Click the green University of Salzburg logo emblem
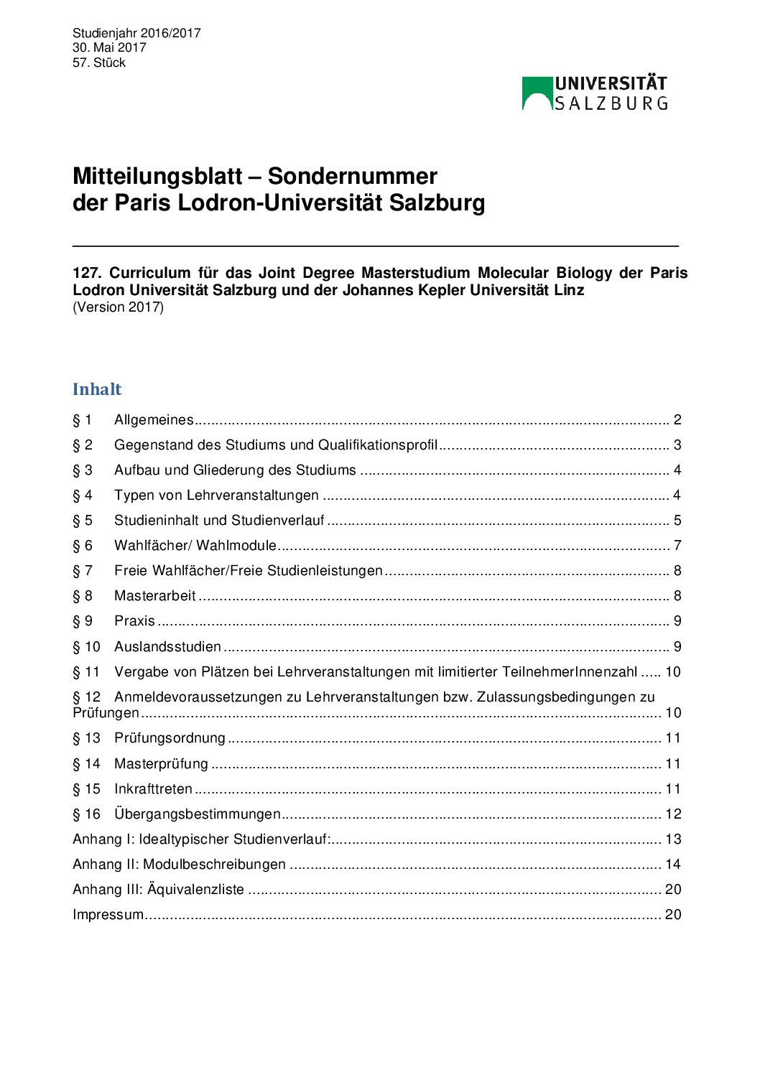[537, 93]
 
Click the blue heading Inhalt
[97, 389]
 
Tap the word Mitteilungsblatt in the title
[157, 177]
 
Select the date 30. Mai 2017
[109, 47]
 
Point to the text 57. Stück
[99, 62]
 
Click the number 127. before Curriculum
[88, 273]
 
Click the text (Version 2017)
[118, 307]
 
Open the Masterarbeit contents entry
[155, 596]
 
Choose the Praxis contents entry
[134, 621]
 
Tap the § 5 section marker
[83, 521]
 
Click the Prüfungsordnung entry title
[170, 738]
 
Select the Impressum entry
[108, 915]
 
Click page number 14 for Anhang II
[673, 865]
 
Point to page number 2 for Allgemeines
[677, 420]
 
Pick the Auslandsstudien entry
[167, 647]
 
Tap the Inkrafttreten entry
[153, 789]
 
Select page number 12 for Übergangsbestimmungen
[673, 814]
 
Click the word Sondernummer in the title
[352, 177]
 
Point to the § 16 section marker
[86, 814]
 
